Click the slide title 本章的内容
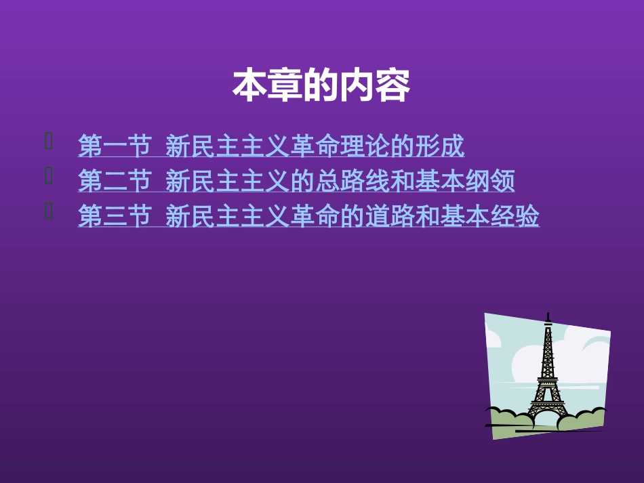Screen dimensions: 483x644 [x=321, y=86]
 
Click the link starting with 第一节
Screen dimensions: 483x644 [x=271, y=146]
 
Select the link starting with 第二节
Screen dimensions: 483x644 [x=296, y=181]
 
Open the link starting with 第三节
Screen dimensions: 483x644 [x=308, y=217]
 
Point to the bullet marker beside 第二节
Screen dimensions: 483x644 [x=48, y=177]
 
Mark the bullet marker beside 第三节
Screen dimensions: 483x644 [x=48, y=212]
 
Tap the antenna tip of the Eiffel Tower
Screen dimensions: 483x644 [x=547, y=315]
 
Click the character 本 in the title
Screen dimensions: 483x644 [x=247, y=86]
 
